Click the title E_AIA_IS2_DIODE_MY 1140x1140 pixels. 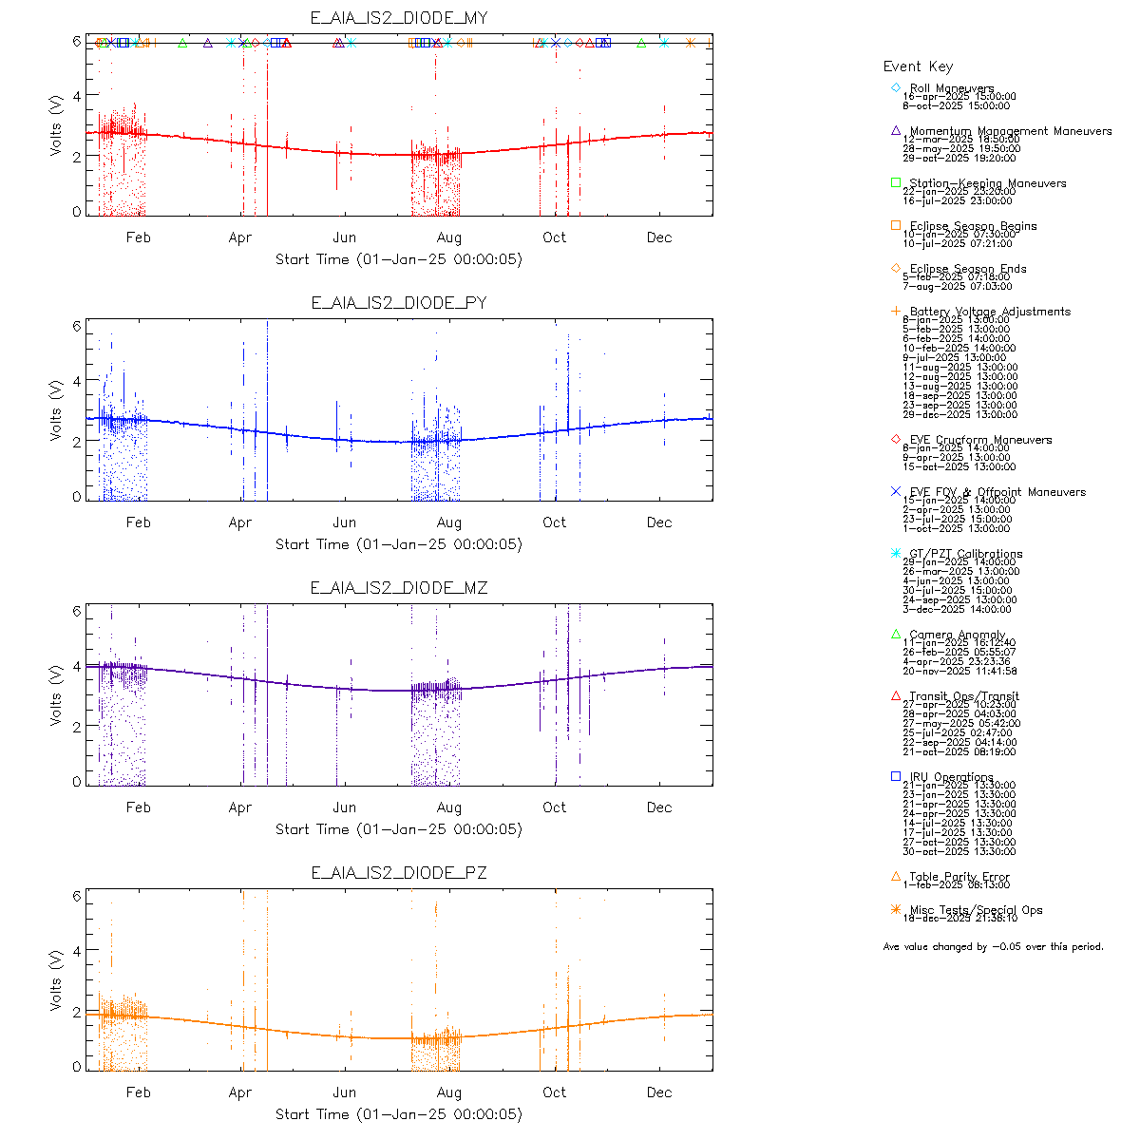(x=399, y=18)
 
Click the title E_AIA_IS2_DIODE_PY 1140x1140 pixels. (x=399, y=303)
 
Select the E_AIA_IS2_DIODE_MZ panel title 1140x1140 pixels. (x=399, y=588)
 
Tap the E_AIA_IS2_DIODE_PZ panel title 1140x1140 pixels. (x=399, y=873)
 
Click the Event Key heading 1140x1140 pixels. (x=918, y=66)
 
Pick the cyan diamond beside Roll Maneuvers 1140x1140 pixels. (x=895, y=87)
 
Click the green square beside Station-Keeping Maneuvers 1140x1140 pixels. (x=895, y=182)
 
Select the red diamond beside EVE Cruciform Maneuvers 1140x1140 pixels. (x=895, y=439)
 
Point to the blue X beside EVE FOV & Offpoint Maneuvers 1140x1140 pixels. (x=895, y=491)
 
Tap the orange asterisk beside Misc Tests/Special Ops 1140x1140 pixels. (x=895, y=909)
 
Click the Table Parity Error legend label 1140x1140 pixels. (x=959, y=877)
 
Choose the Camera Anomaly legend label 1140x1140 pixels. (x=957, y=635)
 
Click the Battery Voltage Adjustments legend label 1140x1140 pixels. (x=990, y=312)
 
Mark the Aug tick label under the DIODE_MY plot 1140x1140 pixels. (x=449, y=237)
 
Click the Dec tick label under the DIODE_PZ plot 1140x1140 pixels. (x=659, y=1092)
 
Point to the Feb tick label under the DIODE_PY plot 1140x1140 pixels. (x=139, y=522)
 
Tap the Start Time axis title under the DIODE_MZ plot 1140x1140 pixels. (x=399, y=829)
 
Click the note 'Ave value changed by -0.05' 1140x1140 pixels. (x=993, y=946)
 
